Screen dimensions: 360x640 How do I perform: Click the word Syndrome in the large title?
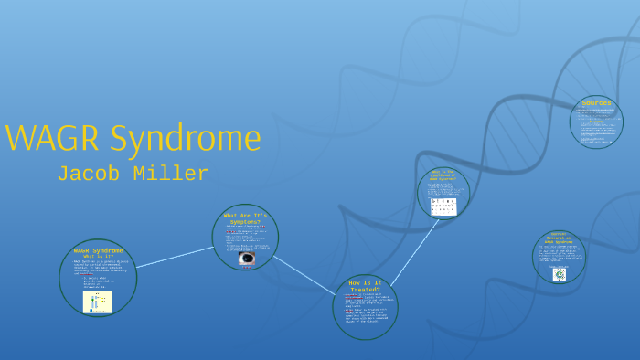pyautogui.click(x=185, y=139)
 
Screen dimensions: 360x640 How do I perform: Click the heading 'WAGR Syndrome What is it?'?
pyautogui.click(x=98, y=252)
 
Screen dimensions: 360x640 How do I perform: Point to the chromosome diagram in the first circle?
pyautogui.click(x=98, y=302)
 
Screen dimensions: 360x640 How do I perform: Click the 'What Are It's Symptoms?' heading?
pyautogui.click(x=244, y=218)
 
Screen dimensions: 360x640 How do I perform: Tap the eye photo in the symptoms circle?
pyautogui.click(x=246, y=259)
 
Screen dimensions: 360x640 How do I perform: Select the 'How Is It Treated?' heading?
pyautogui.click(x=365, y=286)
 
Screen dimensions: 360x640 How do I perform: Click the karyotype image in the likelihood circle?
pyautogui.click(x=443, y=206)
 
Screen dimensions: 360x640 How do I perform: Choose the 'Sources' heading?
pyautogui.click(x=596, y=103)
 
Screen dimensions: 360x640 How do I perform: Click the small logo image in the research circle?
pyautogui.click(x=559, y=273)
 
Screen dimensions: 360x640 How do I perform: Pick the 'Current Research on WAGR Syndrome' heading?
pyautogui.click(x=559, y=238)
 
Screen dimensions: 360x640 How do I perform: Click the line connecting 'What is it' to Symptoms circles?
pyautogui.click(x=174, y=257)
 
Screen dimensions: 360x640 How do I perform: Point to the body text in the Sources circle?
pyautogui.click(x=596, y=124)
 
